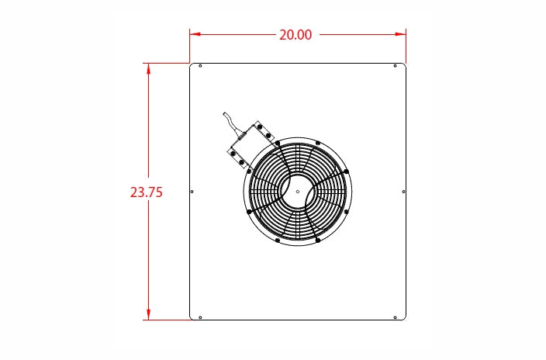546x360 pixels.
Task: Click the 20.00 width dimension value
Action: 295,35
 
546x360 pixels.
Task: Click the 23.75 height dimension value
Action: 147,192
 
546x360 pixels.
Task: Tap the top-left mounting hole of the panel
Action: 200,66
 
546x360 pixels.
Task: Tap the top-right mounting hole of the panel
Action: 395,66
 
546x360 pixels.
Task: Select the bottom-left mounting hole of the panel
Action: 200,317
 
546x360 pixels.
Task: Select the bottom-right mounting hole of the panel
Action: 395,317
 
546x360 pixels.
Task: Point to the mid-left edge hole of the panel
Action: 192,192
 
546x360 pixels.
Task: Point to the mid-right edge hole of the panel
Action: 403,192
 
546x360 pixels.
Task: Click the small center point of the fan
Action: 297,192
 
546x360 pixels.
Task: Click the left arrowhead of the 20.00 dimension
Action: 195,34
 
